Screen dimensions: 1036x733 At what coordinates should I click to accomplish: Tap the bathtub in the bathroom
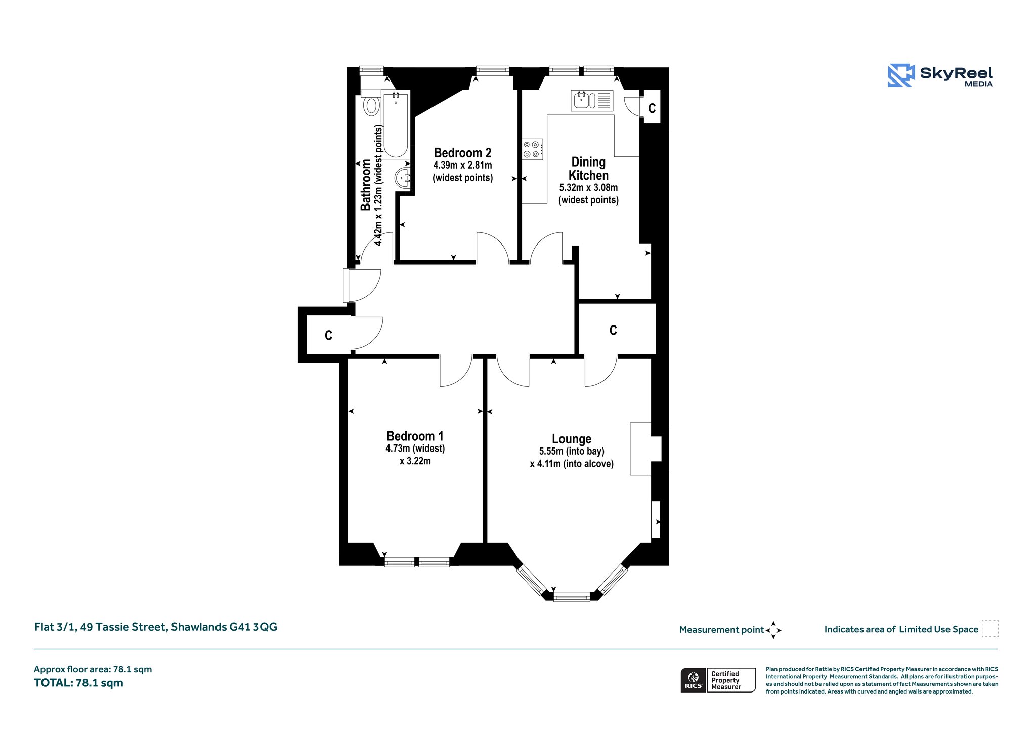395,125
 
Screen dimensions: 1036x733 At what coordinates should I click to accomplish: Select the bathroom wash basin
403,178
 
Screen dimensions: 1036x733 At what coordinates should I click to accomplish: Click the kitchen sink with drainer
592,101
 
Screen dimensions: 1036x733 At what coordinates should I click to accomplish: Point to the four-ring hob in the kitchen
533,149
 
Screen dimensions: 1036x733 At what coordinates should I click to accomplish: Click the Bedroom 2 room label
462,153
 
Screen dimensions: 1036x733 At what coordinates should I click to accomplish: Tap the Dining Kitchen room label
588,169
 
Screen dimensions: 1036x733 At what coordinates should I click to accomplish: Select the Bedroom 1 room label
415,436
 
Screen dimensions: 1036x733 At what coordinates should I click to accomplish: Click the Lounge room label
572,439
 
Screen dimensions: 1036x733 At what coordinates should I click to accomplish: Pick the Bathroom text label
366,185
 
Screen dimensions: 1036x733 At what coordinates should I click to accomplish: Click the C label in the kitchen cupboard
652,108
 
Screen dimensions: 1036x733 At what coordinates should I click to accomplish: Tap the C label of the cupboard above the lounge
613,331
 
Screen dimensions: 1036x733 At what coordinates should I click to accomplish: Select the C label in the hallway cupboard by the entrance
328,336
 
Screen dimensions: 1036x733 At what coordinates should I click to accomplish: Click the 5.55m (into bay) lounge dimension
572,452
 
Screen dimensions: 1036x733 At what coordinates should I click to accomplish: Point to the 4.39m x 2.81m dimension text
462,166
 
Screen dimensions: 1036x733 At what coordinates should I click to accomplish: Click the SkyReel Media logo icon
901,75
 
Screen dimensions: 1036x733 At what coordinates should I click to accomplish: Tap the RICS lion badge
694,680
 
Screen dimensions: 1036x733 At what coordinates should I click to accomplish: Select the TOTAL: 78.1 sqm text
78,683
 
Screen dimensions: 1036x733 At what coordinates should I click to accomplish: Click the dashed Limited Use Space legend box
990,629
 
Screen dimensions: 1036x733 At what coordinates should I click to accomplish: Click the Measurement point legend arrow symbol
773,630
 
